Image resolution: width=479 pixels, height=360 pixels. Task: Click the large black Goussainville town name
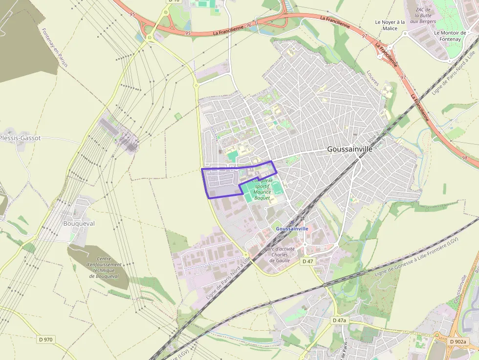[x=349, y=149]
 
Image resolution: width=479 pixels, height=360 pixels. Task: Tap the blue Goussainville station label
[x=292, y=229]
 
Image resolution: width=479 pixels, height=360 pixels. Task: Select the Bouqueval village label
[x=79, y=223]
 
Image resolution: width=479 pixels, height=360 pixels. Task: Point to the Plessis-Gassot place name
[x=20, y=138]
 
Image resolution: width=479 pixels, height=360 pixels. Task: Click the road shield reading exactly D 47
[x=307, y=261]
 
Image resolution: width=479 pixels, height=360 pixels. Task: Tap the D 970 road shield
[x=45, y=339]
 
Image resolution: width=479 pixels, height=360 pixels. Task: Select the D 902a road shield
[x=457, y=341]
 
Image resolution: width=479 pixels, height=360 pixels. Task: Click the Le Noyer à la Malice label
[x=390, y=25]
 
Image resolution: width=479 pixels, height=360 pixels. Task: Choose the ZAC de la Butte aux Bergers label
[x=423, y=16]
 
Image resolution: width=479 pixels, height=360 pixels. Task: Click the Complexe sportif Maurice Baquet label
[x=262, y=189]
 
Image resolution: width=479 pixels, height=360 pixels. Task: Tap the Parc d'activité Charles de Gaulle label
[x=280, y=254]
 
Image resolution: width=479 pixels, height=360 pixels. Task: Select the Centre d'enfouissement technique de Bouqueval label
[x=104, y=268]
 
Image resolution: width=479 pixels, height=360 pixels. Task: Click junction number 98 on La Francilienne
[x=464, y=158]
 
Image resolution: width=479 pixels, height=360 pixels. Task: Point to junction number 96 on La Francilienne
[x=249, y=25]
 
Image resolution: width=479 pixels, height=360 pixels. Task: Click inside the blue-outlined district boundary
[x=222, y=183]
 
